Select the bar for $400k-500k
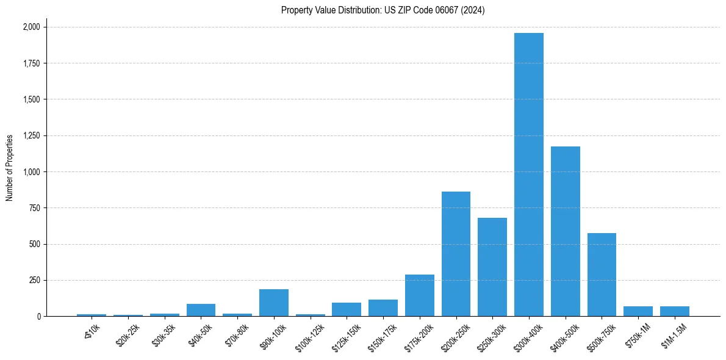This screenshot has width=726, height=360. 565,231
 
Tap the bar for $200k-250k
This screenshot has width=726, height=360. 456,254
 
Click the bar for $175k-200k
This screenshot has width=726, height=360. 420,295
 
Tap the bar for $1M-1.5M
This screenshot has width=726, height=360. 675,311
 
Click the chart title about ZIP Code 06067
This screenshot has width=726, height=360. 383,10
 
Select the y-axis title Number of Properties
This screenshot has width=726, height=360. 10,168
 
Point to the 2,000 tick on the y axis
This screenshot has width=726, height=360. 32,27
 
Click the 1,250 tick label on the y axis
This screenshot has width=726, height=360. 32,136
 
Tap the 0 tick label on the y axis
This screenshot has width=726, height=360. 38,317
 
